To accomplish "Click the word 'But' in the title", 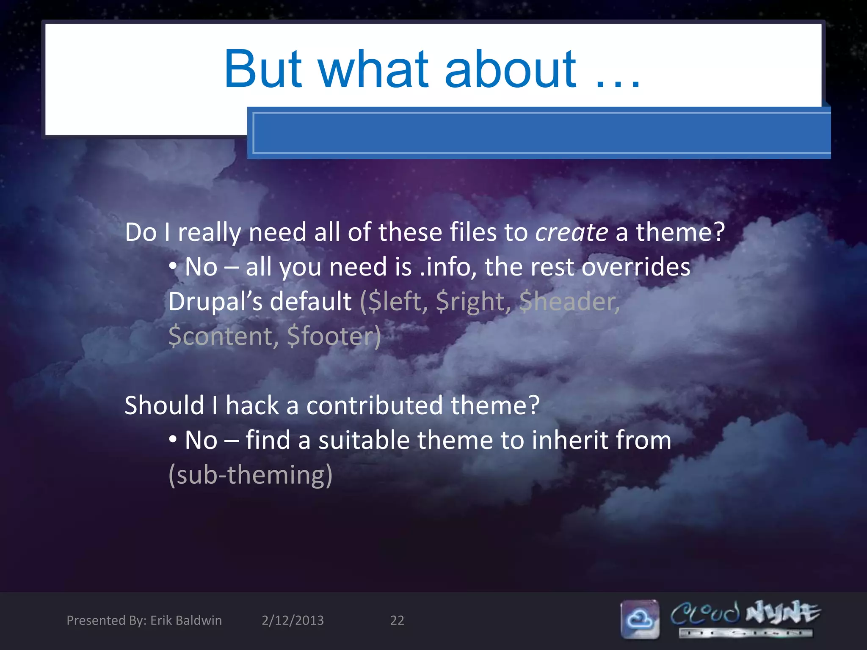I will coord(263,69).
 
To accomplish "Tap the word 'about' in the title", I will coord(510,69).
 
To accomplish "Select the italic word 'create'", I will coord(572,232).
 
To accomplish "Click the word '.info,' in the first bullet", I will coord(448,267).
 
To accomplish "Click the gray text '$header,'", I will coord(570,302).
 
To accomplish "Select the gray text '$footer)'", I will coord(334,336).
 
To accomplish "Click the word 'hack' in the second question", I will coord(252,405).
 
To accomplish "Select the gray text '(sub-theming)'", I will coord(250,475).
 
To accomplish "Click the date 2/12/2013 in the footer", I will coord(293,620).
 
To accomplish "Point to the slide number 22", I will coord(397,620).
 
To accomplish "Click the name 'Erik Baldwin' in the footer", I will coord(186,620).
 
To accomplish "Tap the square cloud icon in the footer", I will coord(640,619).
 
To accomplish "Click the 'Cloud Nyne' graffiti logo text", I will coord(745,614).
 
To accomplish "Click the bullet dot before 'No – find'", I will coord(173,440).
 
